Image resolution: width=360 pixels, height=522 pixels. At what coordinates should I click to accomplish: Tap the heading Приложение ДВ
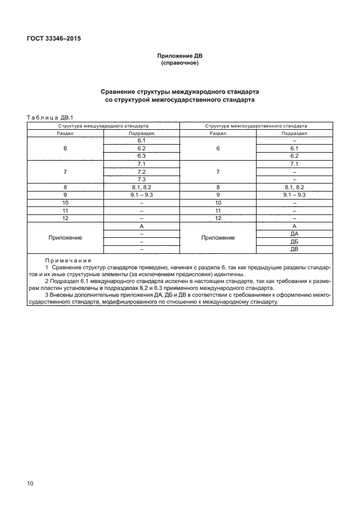180,56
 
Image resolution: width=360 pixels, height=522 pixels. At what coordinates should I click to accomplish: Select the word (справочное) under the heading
180,63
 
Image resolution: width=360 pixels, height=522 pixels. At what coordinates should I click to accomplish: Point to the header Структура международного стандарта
103,125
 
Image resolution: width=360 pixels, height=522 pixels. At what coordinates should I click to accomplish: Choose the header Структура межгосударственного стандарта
255,125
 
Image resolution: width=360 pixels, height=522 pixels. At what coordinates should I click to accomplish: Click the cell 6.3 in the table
142,156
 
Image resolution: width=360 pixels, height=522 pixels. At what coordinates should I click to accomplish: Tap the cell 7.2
142,172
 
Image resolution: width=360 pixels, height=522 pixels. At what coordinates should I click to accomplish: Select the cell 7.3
142,180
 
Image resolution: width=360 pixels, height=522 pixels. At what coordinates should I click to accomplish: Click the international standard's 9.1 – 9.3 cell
142,195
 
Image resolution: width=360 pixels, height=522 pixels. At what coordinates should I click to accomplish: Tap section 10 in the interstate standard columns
218,203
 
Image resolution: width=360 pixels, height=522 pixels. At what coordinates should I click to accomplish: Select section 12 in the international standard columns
65,218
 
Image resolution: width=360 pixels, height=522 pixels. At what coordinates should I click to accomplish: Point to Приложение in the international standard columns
65,238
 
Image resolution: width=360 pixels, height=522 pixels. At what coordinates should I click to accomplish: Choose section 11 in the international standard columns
65,210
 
